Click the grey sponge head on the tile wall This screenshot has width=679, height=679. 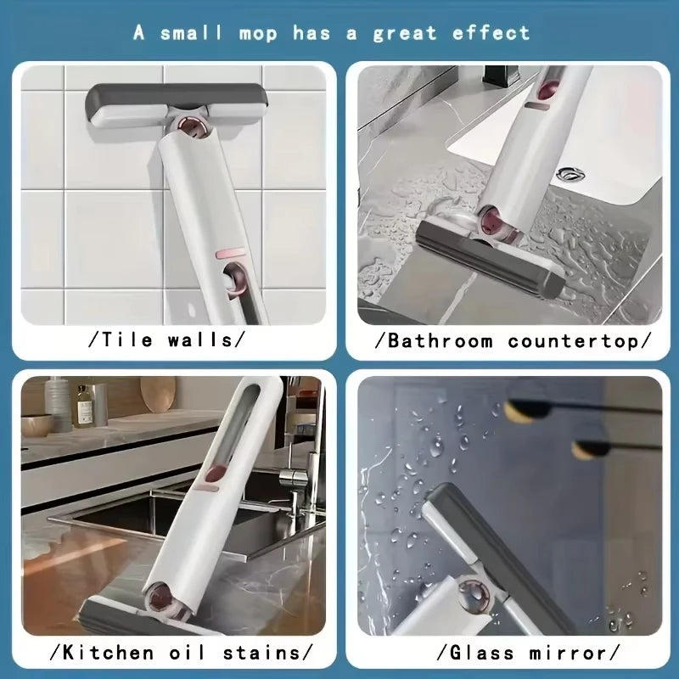pyautogui.click(x=176, y=103)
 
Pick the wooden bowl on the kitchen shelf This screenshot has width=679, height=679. pyautogui.click(x=38, y=424)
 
